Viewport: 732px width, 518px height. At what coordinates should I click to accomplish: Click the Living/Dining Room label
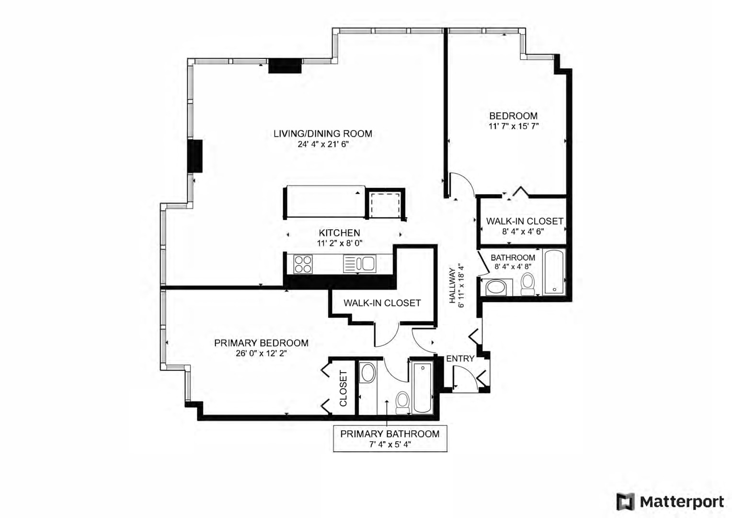click(x=323, y=133)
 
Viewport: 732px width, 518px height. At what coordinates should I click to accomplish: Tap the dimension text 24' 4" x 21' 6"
click(x=323, y=144)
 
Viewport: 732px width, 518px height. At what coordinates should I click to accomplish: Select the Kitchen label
click(x=340, y=233)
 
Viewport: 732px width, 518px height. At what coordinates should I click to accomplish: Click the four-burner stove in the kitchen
click(x=303, y=264)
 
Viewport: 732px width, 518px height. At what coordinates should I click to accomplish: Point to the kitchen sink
click(x=359, y=264)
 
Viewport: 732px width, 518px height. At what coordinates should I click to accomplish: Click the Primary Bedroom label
click(x=261, y=343)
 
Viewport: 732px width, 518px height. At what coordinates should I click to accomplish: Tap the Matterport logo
click(x=670, y=502)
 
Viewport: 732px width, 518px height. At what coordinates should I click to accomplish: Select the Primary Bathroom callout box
click(x=390, y=438)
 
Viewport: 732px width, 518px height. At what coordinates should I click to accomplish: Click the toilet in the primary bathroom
click(x=402, y=403)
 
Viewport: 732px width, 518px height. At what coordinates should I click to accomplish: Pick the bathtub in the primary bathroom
click(x=422, y=388)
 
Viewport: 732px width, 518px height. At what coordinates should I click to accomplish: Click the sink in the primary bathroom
click(x=368, y=372)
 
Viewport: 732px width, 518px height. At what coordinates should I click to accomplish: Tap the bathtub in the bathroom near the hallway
click(x=554, y=272)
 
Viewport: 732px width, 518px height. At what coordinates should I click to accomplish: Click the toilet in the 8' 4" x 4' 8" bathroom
click(x=527, y=284)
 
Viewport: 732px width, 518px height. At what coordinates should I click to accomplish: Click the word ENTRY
click(x=460, y=359)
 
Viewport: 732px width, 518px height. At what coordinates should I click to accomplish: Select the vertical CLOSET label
click(x=343, y=388)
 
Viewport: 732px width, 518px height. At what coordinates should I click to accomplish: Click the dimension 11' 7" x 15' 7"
click(x=514, y=126)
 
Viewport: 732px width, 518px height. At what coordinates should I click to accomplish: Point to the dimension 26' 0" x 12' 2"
click(x=261, y=353)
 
